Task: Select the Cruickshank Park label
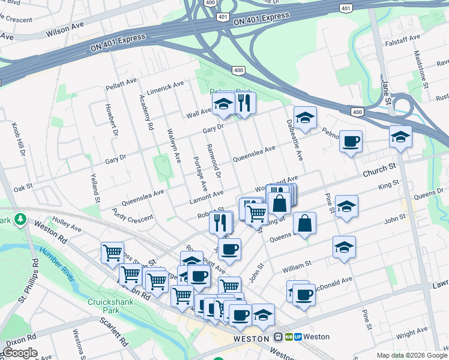click(103, 306)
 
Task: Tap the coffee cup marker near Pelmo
click(351, 142)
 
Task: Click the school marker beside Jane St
click(400, 137)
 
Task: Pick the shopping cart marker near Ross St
click(112, 254)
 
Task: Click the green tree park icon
click(21, 219)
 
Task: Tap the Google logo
click(20, 353)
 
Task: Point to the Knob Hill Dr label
click(18, 140)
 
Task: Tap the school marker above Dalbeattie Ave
click(305, 119)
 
